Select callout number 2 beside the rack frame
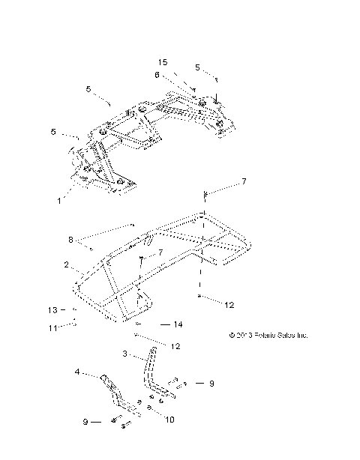(66, 265)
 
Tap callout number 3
(125, 353)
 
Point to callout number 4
(77, 372)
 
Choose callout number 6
(157, 75)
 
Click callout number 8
(71, 240)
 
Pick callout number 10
(169, 420)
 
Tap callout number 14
(178, 324)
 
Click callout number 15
(163, 62)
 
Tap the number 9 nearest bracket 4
(86, 423)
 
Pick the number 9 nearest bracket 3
(211, 383)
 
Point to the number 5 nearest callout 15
(197, 67)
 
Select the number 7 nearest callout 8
(158, 255)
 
